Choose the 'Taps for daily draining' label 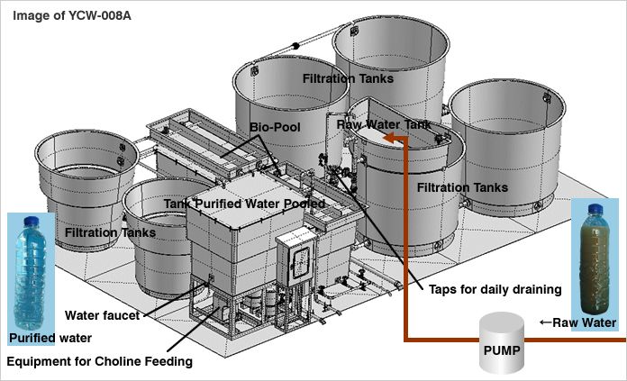tap(494, 289)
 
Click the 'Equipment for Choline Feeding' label tap(99, 361)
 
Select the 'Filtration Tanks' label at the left tap(110, 232)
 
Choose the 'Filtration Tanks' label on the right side tap(462, 187)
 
